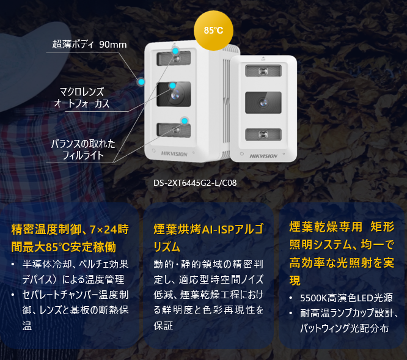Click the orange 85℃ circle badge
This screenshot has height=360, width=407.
pos(213,29)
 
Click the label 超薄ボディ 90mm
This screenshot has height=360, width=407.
pos(89,44)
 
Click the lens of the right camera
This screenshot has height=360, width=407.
pos(263,103)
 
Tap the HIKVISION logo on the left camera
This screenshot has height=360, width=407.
pos(175,154)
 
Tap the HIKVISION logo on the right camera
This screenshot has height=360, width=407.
pos(263,156)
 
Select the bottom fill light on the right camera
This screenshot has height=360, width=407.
pos(263,134)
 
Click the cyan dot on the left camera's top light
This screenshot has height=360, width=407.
pos(176,51)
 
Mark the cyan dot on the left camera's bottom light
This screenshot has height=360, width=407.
pos(183,120)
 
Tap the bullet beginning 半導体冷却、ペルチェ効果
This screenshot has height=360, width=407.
pos(73,272)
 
